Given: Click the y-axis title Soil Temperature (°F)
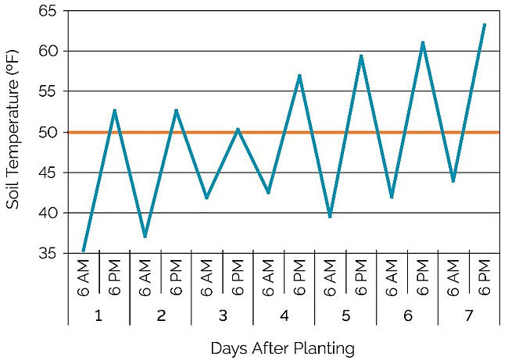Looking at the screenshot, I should (13, 133).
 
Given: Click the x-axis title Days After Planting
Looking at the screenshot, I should (283, 348).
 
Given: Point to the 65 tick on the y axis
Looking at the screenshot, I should (48, 11).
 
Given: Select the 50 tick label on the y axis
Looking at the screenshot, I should (48, 132).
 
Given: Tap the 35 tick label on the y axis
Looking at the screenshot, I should (48, 253).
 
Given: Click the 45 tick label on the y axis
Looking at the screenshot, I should (48, 173).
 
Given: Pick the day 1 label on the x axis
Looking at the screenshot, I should (98, 315).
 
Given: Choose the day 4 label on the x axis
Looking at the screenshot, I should (284, 315).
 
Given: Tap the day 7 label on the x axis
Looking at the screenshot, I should (469, 315).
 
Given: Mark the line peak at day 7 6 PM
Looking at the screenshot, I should (485, 24).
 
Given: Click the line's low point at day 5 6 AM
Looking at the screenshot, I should (331, 216).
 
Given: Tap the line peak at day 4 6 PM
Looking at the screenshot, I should (299, 75).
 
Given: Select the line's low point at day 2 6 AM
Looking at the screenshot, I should (145, 236).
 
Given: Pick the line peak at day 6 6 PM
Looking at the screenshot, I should (423, 42).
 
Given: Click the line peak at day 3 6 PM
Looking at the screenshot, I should (238, 129).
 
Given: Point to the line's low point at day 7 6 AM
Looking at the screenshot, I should (453, 181).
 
